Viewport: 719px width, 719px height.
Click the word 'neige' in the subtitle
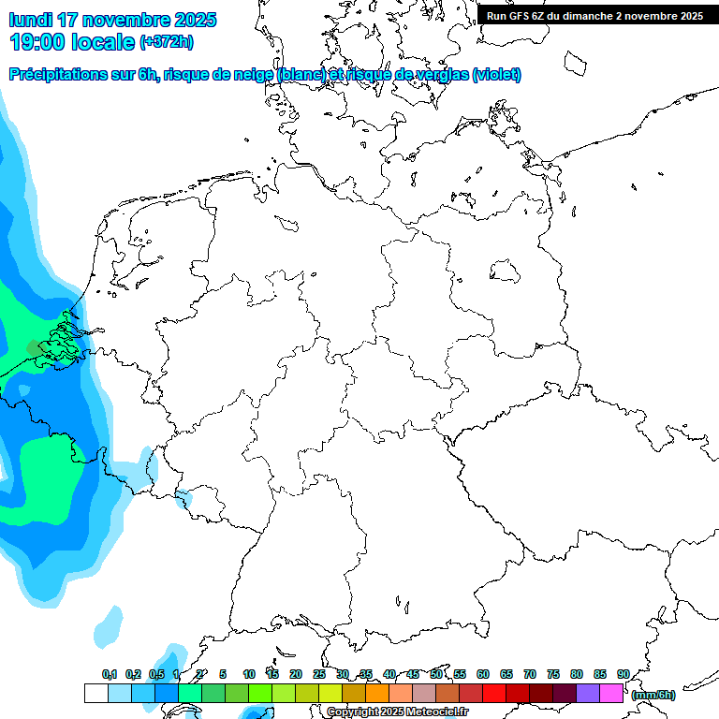[x=249, y=75]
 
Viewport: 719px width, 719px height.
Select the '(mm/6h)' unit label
[x=653, y=695]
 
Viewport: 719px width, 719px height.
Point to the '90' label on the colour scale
[x=623, y=674]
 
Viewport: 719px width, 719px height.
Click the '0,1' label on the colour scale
[x=109, y=674]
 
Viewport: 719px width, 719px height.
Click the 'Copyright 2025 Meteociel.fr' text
[x=397, y=712]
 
